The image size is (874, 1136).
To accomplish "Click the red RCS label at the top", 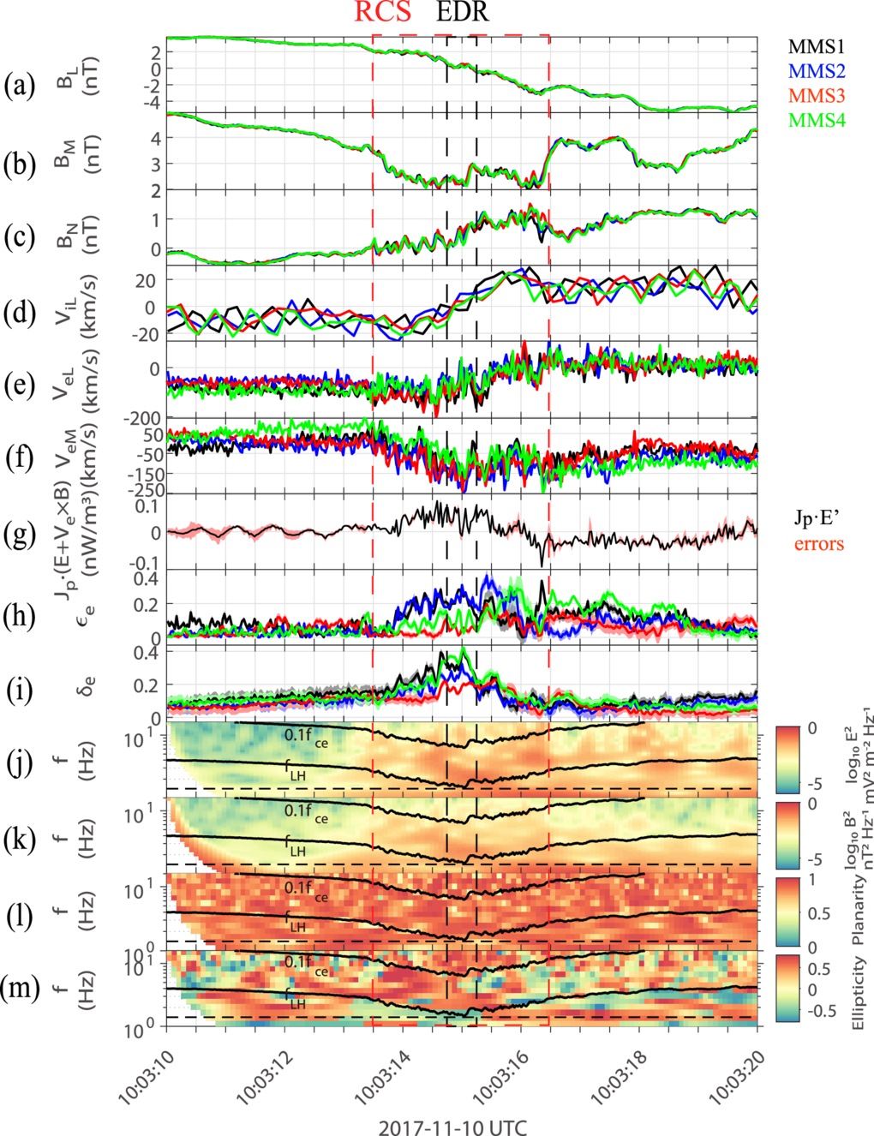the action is click(383, 11).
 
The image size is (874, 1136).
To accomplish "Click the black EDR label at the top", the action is click(464, 11).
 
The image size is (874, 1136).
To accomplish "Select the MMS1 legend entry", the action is click(817, 47).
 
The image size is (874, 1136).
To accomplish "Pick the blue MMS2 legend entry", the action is click(817, 71).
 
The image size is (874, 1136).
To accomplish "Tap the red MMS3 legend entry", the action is click(817, 96).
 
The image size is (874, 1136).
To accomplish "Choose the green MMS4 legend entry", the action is click(817, 120).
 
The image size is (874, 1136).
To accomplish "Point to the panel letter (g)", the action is click(20, 535).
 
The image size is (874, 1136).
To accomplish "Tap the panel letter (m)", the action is click(21, 990).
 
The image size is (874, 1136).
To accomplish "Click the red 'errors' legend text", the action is click(819, 544).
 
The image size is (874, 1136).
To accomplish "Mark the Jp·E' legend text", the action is click(818, 517).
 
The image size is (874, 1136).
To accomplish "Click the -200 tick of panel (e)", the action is click(142, 419).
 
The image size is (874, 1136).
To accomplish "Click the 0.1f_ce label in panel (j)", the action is click(306, 737).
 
